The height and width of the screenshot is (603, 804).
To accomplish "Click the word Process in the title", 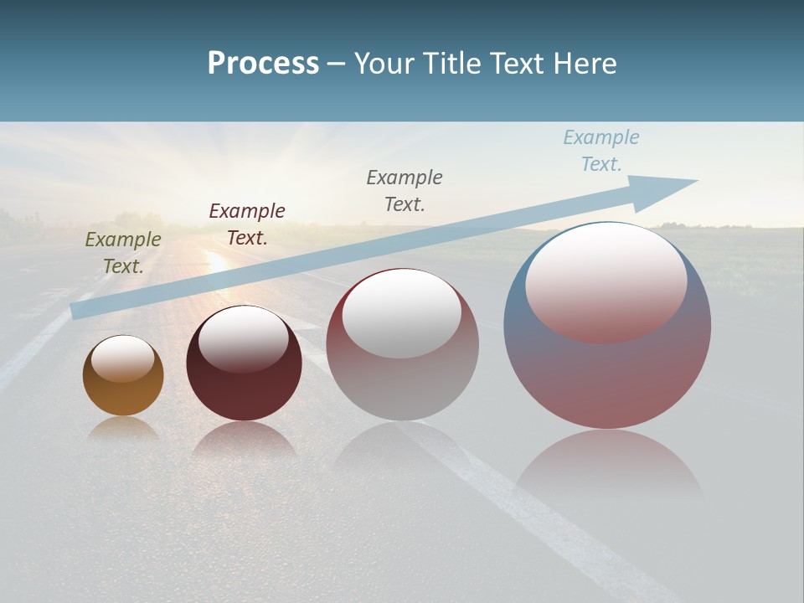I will [263, 64].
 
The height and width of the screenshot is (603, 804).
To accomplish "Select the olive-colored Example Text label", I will [123, 253].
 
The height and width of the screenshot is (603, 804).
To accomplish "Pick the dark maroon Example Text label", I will [247, 224].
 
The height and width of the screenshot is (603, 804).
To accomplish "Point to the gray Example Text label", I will [405, 190].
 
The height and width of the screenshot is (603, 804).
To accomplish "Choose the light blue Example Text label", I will [600, 151].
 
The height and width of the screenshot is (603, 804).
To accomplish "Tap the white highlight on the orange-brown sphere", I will [123, 357].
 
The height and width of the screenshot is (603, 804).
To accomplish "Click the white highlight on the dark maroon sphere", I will [244, 337].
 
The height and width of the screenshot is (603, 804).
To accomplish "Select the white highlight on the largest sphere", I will [606, 281].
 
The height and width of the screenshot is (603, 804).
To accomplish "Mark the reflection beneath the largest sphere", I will [609, 465].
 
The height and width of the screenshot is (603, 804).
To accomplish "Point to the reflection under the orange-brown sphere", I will [123, 429].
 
